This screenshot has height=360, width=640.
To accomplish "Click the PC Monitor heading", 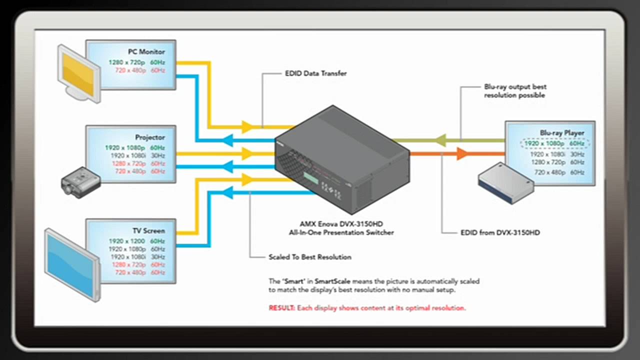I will click(x=146, y=51).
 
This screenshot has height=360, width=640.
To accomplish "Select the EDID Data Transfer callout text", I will click(x=315, y=73).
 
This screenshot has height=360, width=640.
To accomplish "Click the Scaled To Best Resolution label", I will click(x=309, y=257).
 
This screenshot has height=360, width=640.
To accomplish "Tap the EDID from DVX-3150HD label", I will click(x=500, y=232).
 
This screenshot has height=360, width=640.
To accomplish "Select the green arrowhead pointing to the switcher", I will click(x=440, y=140).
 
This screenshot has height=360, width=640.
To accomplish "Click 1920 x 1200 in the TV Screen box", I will click(x=126, y=241).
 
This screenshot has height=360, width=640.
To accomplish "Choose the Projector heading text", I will click(x=149, y=137).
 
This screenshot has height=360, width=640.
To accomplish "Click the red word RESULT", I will click(x=282, y=308).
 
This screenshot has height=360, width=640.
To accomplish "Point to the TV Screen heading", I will click(x=148, y=231).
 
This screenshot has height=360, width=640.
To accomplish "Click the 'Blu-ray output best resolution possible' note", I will click(x=515, y=90).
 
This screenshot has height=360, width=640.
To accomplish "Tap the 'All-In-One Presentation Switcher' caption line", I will click(x=341, y=232).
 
